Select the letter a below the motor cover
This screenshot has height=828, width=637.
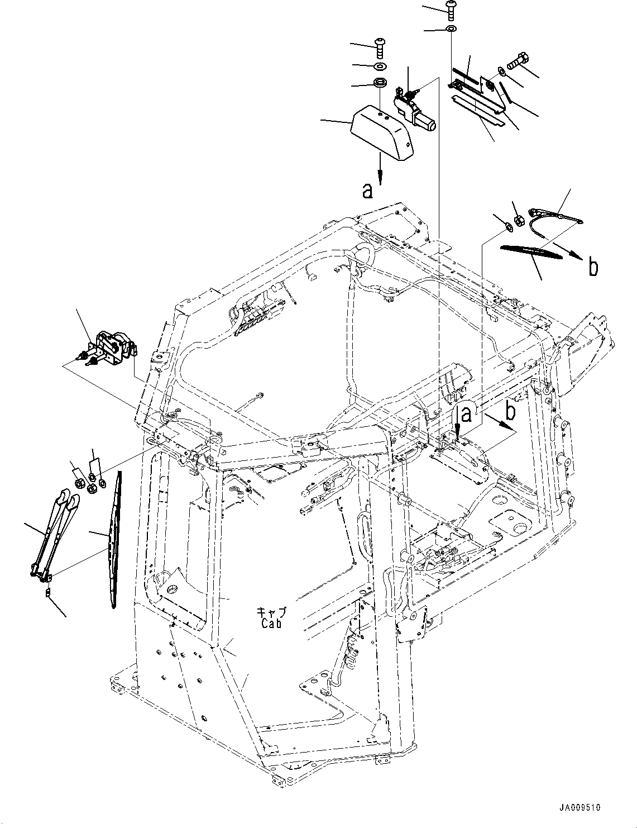367,191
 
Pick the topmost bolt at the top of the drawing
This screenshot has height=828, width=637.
451,8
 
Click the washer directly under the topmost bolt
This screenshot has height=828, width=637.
451,28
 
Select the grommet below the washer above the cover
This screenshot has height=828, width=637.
380,84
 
